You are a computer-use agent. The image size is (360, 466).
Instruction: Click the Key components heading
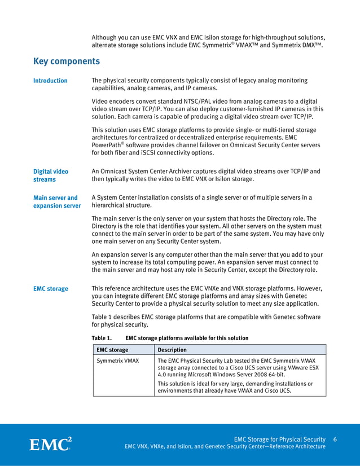pyautogui.click(x=67, y=61)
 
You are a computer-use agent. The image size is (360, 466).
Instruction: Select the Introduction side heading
pyautogui.click(x=50, y=81)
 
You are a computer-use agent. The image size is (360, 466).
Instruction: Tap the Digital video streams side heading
pyautogui.click(x=50, y=175)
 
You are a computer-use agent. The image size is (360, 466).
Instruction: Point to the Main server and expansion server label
pyautogui.click(x=56, y=201)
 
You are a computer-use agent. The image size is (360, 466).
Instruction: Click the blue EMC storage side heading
pyautogui.click(x=50, y=289)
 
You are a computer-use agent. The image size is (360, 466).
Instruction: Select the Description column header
pyautogui.click(x=172, y=350)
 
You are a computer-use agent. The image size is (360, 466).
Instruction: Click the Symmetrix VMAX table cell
pyautogui.click(x=117, y=360)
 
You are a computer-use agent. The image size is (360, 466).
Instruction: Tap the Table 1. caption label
pyautogui.click(x=102, y=338)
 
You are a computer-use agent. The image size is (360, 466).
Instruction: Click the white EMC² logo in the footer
pyautogui.click(x=50, y=444)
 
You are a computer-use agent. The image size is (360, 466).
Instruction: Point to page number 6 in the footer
pyautogui.click(x=335, y=439)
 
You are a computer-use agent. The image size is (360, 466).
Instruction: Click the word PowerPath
pyautogui.click(x=107, y=145)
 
